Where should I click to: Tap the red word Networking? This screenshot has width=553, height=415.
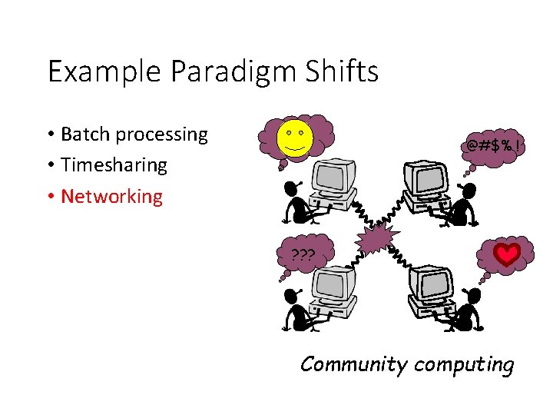111,196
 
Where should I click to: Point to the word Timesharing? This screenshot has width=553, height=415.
114,165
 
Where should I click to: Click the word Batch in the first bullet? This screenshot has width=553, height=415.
85,134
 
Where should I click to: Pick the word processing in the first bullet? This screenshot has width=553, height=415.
161,135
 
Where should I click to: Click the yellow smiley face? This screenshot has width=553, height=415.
295,138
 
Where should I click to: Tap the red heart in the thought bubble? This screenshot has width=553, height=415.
507,254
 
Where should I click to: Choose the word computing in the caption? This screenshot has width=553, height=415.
464,364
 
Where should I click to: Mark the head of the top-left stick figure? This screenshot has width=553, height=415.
290,187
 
